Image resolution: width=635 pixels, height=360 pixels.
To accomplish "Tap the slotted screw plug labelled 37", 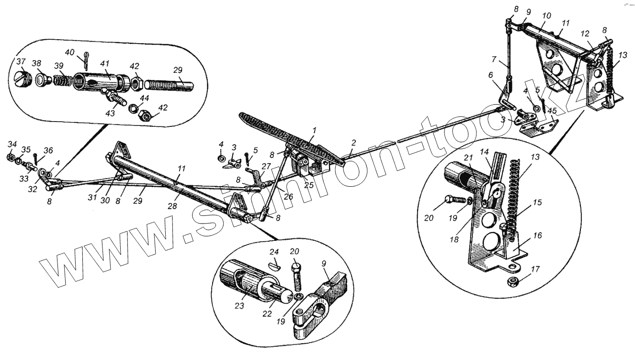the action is click(x=23, y=78).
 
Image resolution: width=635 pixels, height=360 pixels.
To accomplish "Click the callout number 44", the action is click(x=144, y=98).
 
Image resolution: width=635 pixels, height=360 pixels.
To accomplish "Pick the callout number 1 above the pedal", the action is click(x=314, y=130).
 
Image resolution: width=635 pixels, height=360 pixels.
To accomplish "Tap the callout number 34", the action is click(x=12, y=145).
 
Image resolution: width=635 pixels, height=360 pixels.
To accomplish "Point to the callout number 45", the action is click(x=552, y=111).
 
